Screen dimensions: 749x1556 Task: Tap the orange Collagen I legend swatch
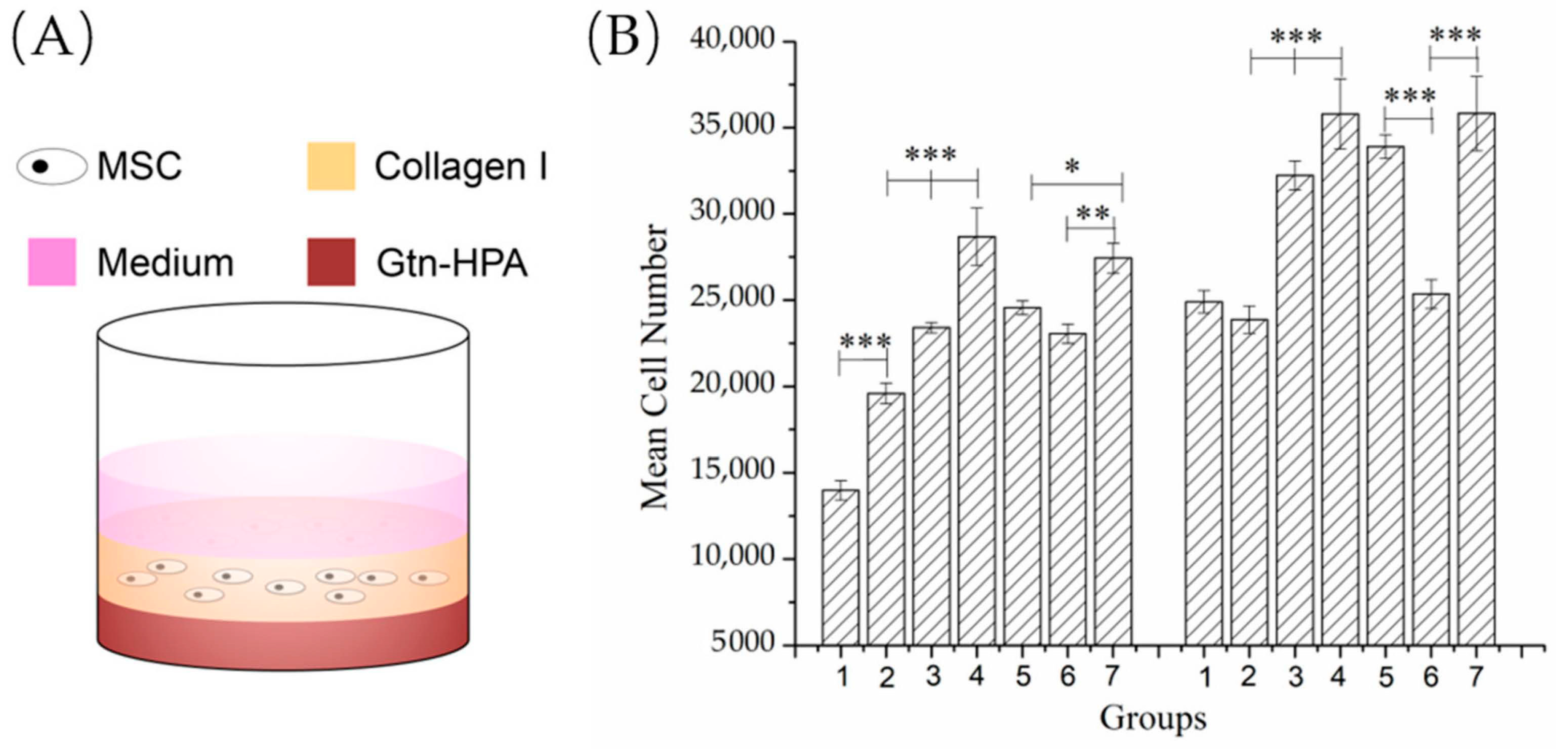(331, 166)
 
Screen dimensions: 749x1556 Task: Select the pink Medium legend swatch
(52, 261)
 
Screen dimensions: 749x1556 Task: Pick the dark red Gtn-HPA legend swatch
(331, 261)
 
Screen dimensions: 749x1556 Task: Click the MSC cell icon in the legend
(52, 166)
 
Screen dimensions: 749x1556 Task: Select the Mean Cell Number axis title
(654, 366)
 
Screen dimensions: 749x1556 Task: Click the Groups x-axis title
(1152, 718)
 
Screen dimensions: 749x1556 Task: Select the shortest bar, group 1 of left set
(840, 567)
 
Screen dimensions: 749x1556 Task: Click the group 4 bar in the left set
(977, 440)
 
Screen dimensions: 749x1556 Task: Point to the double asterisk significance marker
(1093, 214)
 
